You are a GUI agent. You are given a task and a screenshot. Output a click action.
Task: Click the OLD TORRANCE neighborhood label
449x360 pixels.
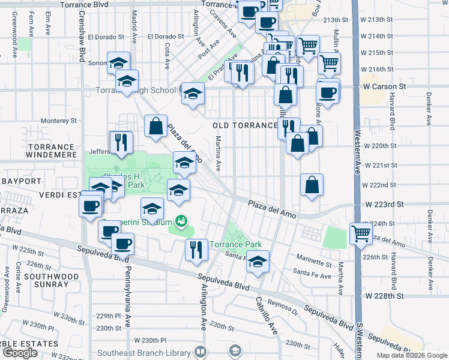244,125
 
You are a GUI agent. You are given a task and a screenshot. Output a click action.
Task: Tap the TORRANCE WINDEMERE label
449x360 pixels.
52,151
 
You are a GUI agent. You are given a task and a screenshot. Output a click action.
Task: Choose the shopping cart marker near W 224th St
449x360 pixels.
360,232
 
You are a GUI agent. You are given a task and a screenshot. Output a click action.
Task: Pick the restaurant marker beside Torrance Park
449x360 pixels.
196,249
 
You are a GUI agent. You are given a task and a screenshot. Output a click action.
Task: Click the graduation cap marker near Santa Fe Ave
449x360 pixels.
258,261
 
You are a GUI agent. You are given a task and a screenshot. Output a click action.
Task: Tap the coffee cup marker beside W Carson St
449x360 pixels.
328,91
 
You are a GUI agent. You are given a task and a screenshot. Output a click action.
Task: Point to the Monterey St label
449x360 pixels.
59,121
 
